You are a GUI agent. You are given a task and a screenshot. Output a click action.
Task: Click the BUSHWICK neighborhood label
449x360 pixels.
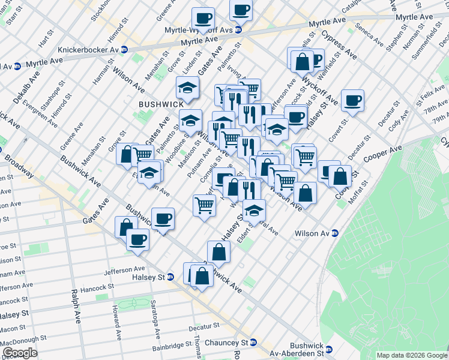pyautogui.click(x=160, y=104)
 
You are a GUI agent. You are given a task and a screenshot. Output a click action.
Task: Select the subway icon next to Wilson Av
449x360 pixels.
pyautogui.click(x=335, y=233)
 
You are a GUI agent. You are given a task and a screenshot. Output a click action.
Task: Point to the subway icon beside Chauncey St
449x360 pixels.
pyautogui.click(x=253, y=343)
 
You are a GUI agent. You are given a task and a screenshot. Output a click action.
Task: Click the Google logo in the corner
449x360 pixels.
pyautogui.click(x=19, y=353)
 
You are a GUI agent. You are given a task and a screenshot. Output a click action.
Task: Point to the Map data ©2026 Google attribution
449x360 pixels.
pyautogui.click(x=411, y=355)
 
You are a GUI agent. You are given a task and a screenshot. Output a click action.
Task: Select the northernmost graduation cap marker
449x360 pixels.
pyautogui.click(x=187, y=88)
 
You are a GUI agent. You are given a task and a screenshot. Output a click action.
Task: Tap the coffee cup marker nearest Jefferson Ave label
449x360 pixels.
pyautogui.click(x=137, y=239)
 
